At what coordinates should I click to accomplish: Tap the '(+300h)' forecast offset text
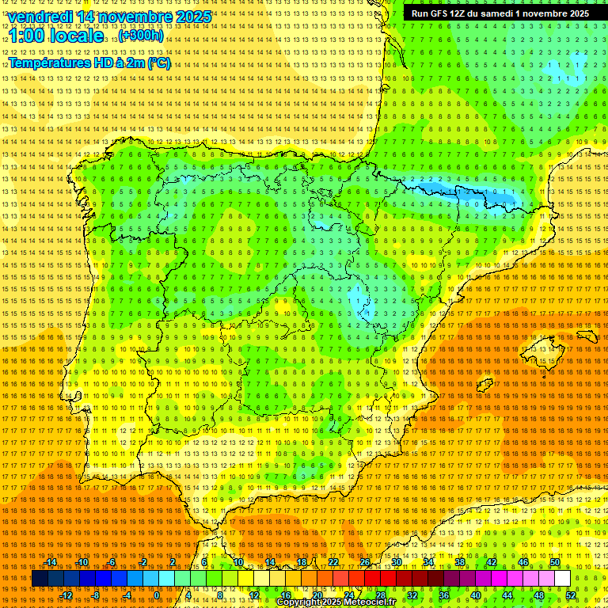pos(141,36)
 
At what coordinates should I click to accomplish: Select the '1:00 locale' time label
pos(56,36)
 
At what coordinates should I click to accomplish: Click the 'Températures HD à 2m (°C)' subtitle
pos(89,63)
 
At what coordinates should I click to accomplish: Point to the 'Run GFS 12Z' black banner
pos(500,13)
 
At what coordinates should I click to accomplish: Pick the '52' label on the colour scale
pos(571,595)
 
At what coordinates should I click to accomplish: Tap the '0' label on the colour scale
pos(157,595)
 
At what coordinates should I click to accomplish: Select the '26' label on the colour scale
pos(365,562)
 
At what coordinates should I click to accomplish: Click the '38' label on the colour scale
pos(459,562)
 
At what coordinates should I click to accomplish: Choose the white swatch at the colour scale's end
pos(562,579)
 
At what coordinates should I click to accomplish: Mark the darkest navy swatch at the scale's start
pos(40,579)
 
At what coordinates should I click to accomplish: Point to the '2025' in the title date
pos(193,17)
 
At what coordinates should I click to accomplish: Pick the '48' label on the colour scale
pos(539,595)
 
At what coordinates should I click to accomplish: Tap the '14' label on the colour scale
pos(270,562)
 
